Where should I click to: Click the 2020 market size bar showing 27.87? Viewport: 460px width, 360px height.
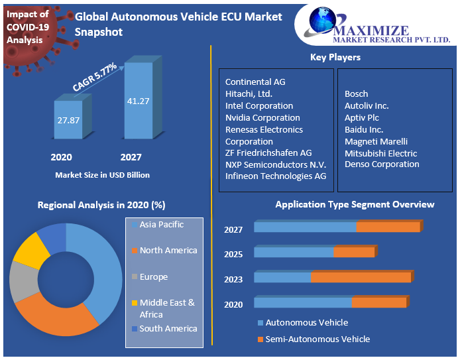tap(68, 120)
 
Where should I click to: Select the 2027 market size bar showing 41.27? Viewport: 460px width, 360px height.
tap(139, 101)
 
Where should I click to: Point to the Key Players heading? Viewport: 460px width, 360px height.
tap(335, 57)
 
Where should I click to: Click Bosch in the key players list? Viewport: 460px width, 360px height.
tap(356, 93)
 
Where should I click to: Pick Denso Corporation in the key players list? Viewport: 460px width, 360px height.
tap(382, 164)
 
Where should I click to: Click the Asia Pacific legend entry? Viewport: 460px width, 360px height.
tap(161, 225)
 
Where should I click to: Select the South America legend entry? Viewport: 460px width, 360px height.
tap(168, 328)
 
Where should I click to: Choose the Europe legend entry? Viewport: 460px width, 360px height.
tap(153, 276)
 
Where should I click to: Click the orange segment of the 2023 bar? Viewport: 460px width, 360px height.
tap(361, 277)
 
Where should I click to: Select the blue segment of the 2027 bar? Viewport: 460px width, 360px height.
tap(305, 227)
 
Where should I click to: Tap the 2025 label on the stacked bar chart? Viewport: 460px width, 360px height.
tap(233, 255)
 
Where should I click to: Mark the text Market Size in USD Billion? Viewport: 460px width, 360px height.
tap(102, 175)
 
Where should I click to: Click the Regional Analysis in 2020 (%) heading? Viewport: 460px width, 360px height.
tap(101, 206)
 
